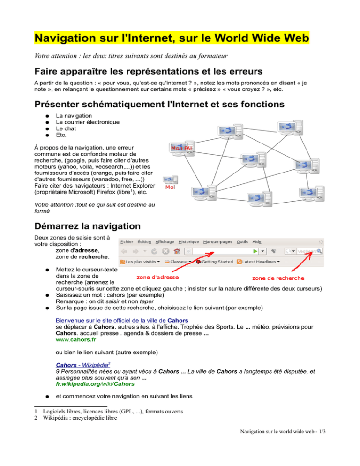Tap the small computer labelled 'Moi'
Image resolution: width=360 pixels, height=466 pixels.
pos(169,180)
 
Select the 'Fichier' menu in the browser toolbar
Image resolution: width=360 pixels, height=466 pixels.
pos(127,241)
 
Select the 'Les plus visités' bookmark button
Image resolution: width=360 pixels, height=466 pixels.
pos(141,261)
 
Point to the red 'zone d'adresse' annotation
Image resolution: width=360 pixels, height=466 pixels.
pos(157,277)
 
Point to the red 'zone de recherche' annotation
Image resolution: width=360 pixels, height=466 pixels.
pos(278,278)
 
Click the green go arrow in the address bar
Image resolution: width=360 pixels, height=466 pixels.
pos(263,251)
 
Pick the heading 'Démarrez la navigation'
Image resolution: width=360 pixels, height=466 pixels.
pos(87,225)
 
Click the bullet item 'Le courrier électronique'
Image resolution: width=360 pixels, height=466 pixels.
pos(87,122)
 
